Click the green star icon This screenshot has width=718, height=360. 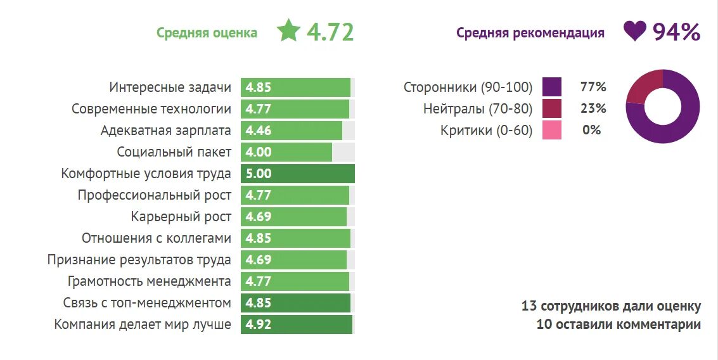click(288, 31)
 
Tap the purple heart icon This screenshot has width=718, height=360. click(634, 31)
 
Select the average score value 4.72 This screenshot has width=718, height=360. click(330, 32)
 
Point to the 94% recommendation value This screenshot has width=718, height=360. click(676, 32)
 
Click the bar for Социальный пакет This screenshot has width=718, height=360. click(286, 152)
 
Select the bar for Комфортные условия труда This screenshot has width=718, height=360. click(297, 174)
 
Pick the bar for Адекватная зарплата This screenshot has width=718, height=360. click(292, 131)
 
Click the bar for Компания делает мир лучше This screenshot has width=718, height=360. click(296, 325)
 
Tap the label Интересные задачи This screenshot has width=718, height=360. click(170, 87)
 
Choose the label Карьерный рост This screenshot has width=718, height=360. click(181, 217)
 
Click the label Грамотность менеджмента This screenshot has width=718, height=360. click(149, 281)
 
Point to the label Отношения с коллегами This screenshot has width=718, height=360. click(156, 238)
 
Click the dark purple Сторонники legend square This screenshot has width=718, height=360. click(552, 87)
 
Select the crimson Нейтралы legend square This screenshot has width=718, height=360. click(552, 109)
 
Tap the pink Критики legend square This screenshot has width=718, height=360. click(552, 131)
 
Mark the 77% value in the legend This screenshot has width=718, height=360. click(593, 87)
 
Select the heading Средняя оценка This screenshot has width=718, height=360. click(207, 33)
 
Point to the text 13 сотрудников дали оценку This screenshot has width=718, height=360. click(611, 307)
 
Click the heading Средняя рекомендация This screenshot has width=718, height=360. click(530, 33)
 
